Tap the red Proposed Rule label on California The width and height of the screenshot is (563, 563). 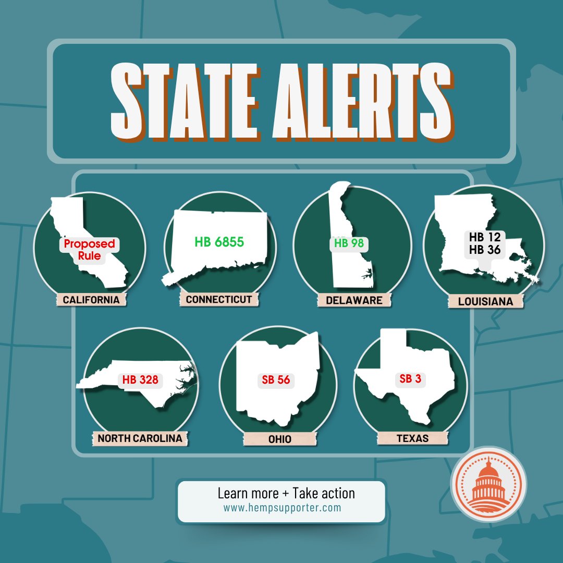point(89,250)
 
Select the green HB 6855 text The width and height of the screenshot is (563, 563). point(219,242)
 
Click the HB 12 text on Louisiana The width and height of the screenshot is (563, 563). point(484,237)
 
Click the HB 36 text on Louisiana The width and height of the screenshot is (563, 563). point(484,250)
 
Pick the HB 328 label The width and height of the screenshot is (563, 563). point(140,380)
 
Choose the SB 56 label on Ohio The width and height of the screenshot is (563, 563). point(276,380)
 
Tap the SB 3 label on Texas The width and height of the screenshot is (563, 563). point(410,379)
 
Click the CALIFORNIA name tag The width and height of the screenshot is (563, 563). point(91,300)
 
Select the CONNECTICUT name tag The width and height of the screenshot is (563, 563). point(219,300)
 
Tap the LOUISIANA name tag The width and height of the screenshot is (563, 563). point(485,301)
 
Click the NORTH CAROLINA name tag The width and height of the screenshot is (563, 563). point(140,438)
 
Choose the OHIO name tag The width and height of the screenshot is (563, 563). point(280,439)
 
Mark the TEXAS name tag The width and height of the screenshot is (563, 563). point(412,438)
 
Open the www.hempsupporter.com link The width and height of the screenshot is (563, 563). point(282,507)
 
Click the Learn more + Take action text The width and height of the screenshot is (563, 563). point(286,493)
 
